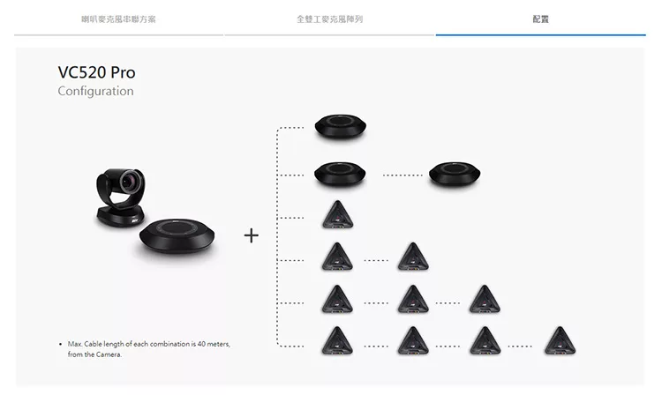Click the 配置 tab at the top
click(x=540, y=19)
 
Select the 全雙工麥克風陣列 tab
click(x=329, y=19)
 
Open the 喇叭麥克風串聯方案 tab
click(x=118, y=19)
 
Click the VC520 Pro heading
click(x=97, y=72)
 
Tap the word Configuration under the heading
click(x=96, y=91)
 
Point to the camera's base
click(x=121, y=217)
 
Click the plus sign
click(x=252, y=235)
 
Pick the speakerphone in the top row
click(x=341, y=126)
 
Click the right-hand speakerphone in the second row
click(x=455, y=174)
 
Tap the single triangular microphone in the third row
click(x=338, y=214)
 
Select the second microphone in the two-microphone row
click(x=413, y=257)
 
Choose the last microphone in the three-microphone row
click(x=485, y=299)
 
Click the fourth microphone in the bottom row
click(x=560, y=340)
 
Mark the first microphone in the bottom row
click(x=337, y=340)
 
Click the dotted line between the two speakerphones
click(x=402, y=175)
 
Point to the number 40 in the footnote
click(x=201, y=344)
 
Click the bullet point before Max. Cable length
click(x=60, y=345)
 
